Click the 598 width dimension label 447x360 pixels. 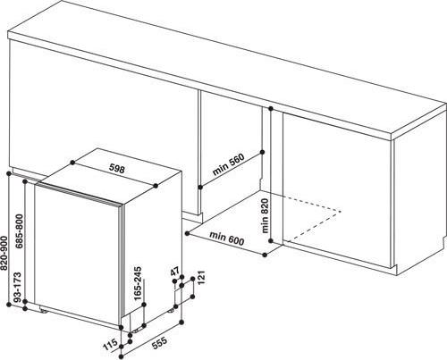click(x=117, y=169)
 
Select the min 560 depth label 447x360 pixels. click(x=228, y=164)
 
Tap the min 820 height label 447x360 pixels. click(x=265, y=216)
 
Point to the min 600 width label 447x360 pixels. click(x=227, y=239)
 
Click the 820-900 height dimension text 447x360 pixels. click(x=4, y=254)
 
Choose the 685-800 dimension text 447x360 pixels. click(x=20, y=231)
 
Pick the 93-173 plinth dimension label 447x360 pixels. click(x=18, y=287)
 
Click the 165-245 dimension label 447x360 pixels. click(x=138, y=284)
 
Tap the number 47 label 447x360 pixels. click(x=175, y=272)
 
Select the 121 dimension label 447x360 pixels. click(x=201, y=278)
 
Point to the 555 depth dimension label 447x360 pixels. click(x=160, y=343)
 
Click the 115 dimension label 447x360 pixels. click(x=110, y=346)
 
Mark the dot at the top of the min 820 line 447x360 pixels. click(x=271, y=109)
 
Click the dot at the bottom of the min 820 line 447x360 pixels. click(x=271, y=240)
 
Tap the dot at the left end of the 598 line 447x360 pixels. click(x=72, y=163)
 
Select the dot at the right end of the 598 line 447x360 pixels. click(x=156, y=186)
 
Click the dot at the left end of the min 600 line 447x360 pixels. click(x=187, y=233)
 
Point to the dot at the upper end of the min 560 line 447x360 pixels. click(x=262, y=152)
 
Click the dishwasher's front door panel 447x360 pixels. click(x=78, y=255)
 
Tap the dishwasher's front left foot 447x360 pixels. click(x=44, y=311)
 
